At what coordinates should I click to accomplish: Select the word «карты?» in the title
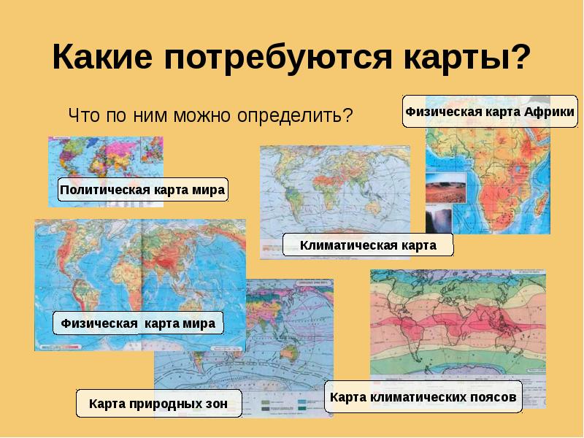(x=467, y=57)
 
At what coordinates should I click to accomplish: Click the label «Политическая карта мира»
(x=143, y=190)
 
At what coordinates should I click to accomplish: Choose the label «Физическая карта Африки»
(x=490, y=112)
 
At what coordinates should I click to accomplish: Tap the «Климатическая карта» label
(x=368, y=245)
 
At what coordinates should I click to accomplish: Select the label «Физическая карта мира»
(x=138, y=323)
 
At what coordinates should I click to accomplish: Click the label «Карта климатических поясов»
(x=423, y=398)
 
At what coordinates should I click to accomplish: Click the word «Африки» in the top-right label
(x=547, y=112)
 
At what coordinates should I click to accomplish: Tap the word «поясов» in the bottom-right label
(x=492, y=398)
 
